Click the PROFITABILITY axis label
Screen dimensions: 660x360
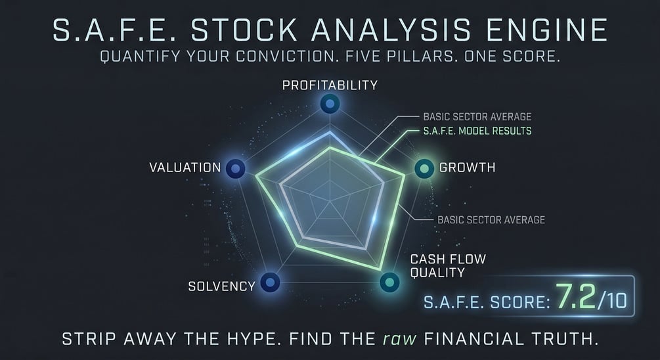point(330,85)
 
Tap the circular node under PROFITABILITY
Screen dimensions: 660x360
point(330,103)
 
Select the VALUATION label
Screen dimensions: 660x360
point(185,168)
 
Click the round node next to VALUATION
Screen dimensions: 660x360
point(236,169)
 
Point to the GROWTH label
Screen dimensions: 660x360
point(467,168)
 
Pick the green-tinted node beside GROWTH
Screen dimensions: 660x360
point(424,169)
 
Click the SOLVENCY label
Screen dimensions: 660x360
point(222,286)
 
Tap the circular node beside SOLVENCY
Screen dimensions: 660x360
point(270,282)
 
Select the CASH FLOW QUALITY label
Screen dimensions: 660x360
point(449,265)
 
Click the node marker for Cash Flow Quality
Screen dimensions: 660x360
point(390,282)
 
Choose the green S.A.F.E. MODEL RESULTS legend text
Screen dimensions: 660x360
point(477,131)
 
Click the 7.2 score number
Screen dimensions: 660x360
point(576,296)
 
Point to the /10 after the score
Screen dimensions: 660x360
point(613,301)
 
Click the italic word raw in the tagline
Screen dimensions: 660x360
point(399,339)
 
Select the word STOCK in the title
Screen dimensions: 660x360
point(244,30)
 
